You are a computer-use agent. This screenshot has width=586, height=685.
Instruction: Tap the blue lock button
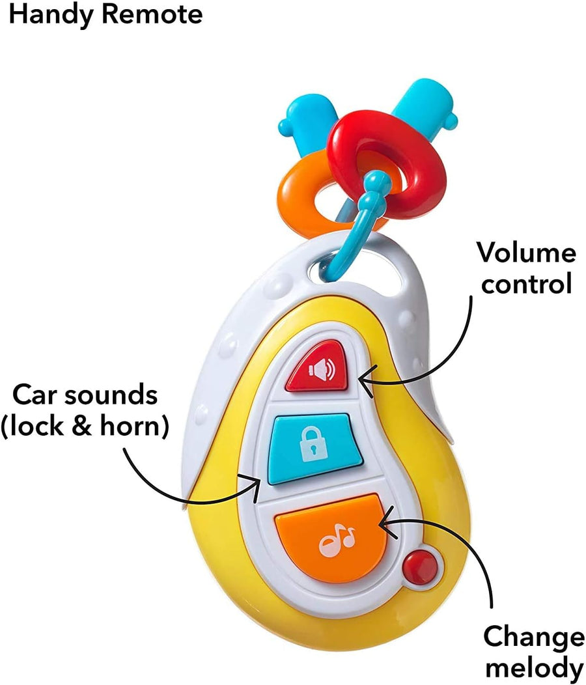[314, 448]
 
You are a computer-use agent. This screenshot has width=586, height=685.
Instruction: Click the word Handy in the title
[50, 15]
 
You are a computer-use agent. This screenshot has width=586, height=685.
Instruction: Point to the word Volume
[526, 252]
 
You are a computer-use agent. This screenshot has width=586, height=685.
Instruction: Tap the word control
[526, 283]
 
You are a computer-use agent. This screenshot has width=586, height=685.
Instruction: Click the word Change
[534, 638]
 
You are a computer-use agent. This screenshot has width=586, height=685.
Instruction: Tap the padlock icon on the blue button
[314, 444]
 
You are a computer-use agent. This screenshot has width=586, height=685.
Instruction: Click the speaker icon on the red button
[322, 370]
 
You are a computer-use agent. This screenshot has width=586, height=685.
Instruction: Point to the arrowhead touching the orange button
[387, 522]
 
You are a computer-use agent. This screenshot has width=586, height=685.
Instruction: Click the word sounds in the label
[111, 395]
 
